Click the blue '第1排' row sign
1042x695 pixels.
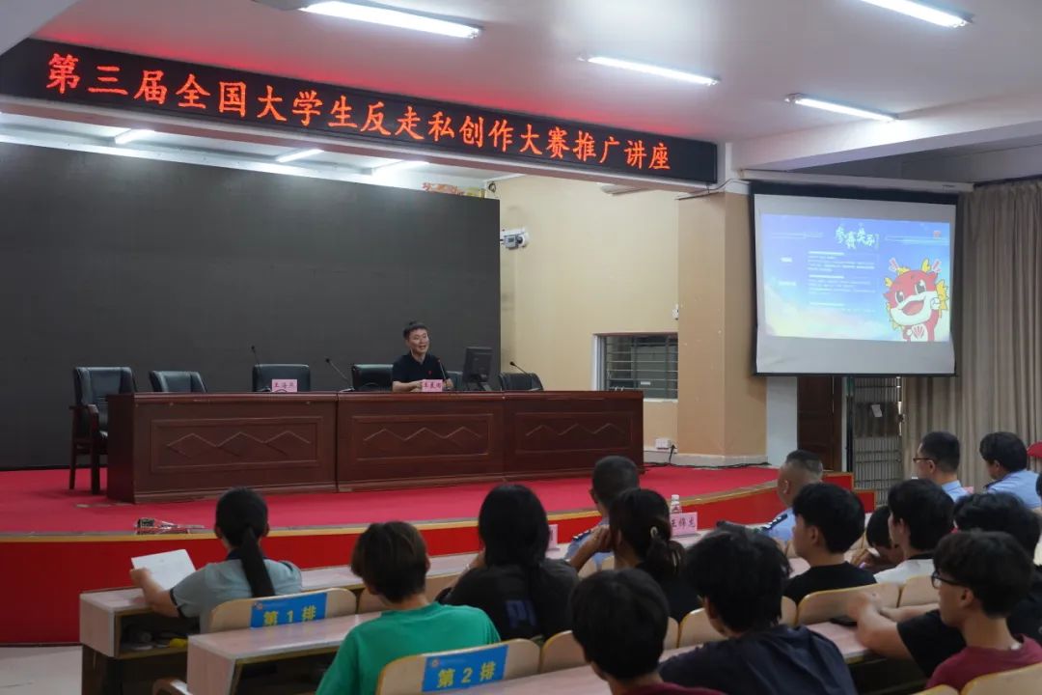(288, 610)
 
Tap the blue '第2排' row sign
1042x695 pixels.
(464, 668)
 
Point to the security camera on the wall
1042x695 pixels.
(514, 237)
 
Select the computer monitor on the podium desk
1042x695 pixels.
(477, 367)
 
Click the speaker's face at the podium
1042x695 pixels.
(417, 341)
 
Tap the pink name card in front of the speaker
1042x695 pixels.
(431, 385)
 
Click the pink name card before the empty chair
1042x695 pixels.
(284, 385)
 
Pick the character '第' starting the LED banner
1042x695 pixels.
(63, 73)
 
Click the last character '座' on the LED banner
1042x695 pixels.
(659, 154)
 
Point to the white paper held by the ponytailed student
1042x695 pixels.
(164, 568)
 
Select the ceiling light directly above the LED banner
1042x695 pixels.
(390, 17)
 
